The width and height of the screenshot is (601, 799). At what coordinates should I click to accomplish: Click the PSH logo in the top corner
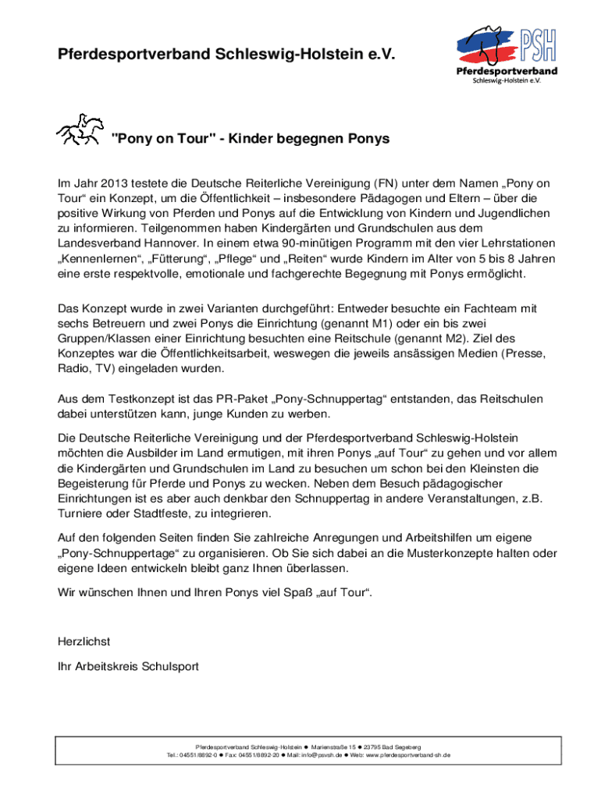click(x=508, y=55)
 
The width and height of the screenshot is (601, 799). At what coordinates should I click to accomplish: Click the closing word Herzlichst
click(x=84, y=641)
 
